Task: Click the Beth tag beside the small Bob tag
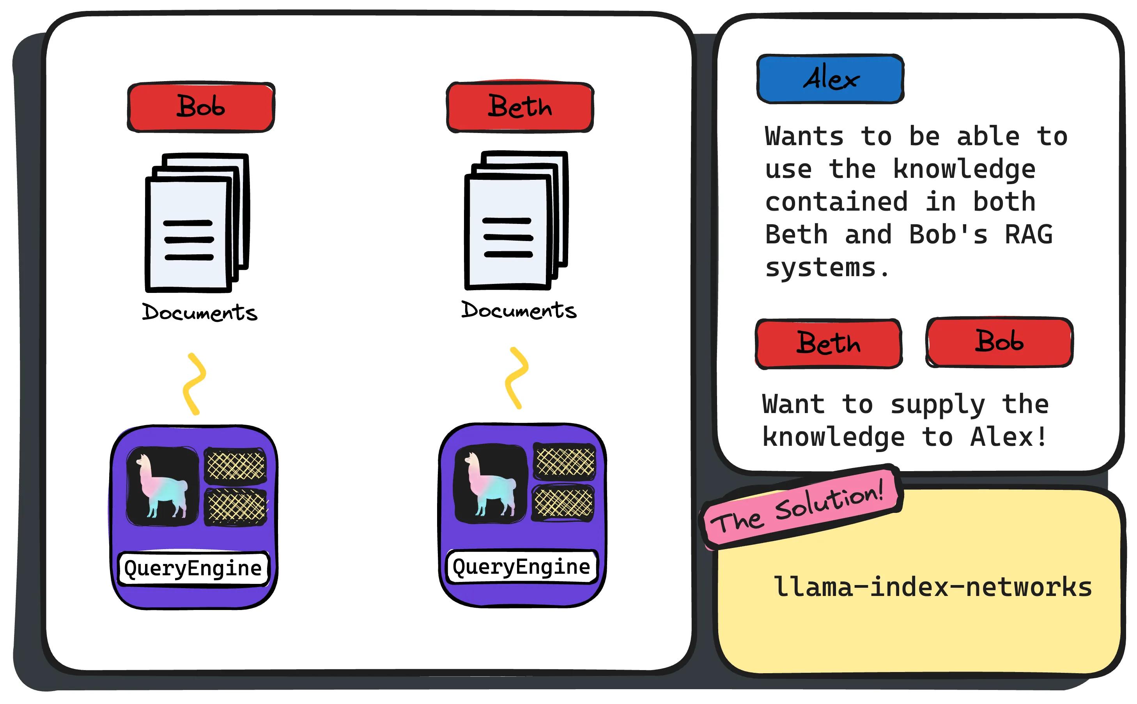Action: pos(829,344)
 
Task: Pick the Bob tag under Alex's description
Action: pos(999,342)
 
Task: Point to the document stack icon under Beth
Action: pos(516,220)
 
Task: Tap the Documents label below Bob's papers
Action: pos(200,312)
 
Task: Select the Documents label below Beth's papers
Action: pos(519,310)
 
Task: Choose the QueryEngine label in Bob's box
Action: pos(193,568)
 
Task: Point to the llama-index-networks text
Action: pos(933,587)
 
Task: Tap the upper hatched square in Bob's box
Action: pos(236,465)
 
